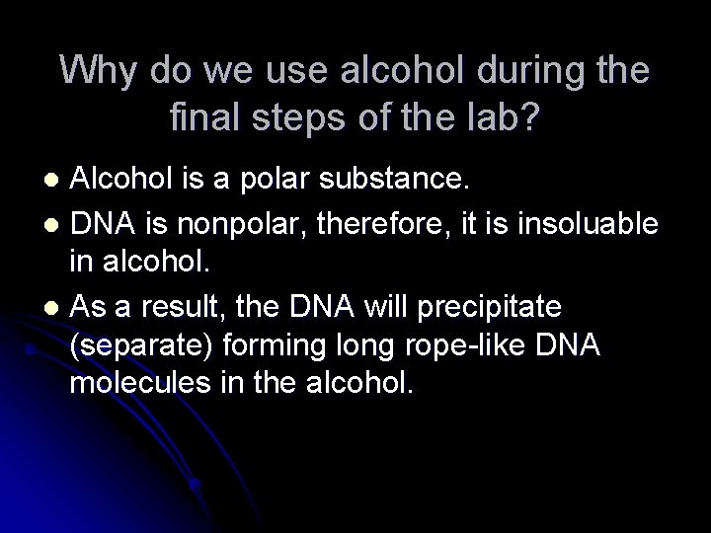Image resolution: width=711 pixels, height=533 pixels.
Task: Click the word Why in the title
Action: [x=100, y=70]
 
